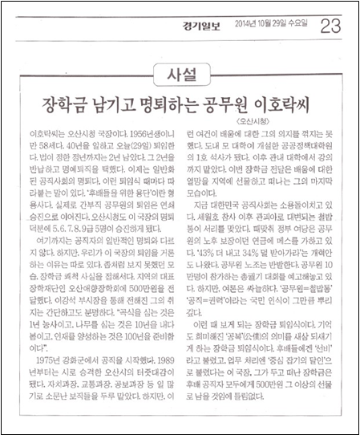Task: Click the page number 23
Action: pos(329,27)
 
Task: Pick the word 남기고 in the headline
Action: pos(117,104)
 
